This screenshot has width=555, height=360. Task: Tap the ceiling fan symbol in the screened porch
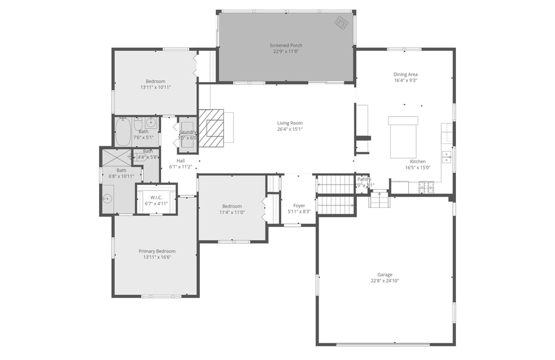341,23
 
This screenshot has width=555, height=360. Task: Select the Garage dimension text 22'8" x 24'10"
384,281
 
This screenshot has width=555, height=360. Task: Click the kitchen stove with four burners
426,187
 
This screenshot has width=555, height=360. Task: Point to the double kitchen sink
446,156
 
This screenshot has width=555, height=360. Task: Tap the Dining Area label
405,75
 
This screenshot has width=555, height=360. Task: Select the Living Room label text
289,123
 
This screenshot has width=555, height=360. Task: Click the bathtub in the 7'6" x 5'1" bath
123,132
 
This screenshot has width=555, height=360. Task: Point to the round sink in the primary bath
108,199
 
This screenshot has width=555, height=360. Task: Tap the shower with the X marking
116,158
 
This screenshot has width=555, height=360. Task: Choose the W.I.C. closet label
156,197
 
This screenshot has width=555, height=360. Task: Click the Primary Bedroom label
157,251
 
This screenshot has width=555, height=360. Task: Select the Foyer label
299,205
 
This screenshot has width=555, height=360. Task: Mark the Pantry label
364,179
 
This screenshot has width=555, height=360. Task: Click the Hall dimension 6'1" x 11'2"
181,167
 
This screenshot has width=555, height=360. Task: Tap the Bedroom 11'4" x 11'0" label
232,206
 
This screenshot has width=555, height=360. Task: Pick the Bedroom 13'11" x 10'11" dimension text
156,87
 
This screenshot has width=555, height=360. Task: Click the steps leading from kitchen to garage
378,200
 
